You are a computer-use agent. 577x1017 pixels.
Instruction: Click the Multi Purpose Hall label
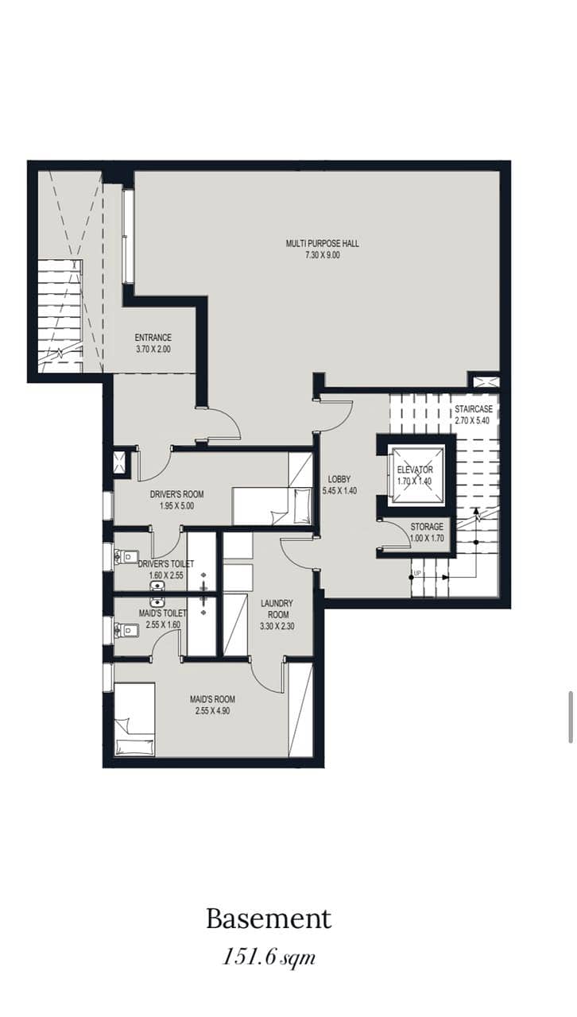point(322,243)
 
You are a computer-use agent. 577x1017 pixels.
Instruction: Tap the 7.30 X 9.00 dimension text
point(322,255)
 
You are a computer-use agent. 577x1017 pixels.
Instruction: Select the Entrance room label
point(153,338)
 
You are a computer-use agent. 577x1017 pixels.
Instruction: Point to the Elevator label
point(415,470)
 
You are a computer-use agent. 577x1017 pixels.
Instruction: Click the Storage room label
point(427,527)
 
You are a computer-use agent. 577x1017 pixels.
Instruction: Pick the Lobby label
point(339,479)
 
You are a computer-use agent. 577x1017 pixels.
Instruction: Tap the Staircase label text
point(474,409)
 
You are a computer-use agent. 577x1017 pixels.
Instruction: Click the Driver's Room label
point(176,494)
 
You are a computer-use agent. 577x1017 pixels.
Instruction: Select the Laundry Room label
point(277,609)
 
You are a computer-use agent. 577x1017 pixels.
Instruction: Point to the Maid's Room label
point(212,699)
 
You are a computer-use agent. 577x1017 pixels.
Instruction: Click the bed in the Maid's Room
point(135,719)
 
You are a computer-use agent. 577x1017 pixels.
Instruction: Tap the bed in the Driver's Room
point(272,507)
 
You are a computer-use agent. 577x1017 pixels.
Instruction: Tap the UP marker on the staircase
point(417,574)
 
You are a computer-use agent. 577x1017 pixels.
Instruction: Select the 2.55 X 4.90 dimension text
point(212,711)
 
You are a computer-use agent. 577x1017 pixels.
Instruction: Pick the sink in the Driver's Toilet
point(157,586)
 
